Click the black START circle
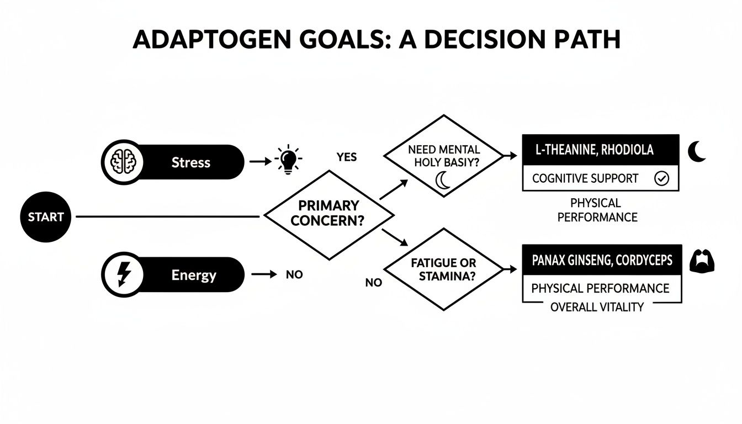click(x=46, y=217)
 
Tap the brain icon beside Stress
click(x=123, y=162)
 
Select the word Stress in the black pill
click(x=190, y=162)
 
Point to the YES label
click(x=347, y=157)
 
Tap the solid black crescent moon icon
click(x=697, y=151)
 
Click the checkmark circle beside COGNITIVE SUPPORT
click(x=661, y=178)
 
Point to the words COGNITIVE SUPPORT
click(x=585, y=178)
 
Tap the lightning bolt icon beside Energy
click(x=123, y=274)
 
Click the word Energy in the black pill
click(x=194, y=275)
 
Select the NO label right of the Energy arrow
click(x=294, y=274)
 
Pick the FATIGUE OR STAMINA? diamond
click(x=444, y=269)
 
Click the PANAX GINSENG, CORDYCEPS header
click(x=602, y=260)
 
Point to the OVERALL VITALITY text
click(x=597, y=308)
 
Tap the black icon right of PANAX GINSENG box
click(x=702, y=261)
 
